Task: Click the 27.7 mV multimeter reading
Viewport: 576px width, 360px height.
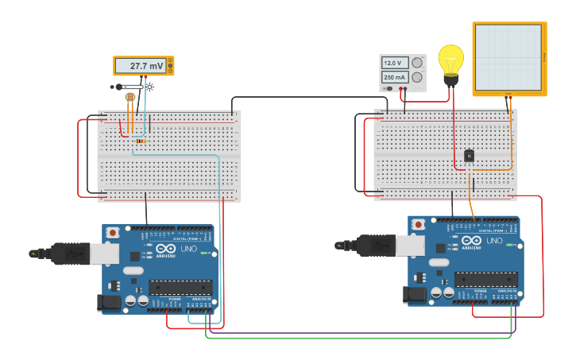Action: pyautogui.click(x=145, y=66)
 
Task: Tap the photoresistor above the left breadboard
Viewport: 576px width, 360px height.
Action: pyautogui.click(x=130, y=97)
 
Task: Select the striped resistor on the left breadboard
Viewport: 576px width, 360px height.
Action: pyautogui.click(x=141, y=141)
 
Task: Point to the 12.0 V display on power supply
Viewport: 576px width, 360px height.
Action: pyautogui.click(x=394, y=63)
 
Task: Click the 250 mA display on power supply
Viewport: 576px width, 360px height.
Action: pyautogui.click(x=394, y=77)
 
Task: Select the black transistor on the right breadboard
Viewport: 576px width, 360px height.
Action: pyautogui.click(x=469, y=157)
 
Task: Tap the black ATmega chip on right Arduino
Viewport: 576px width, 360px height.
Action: pyautogui.click(x=485, y=279)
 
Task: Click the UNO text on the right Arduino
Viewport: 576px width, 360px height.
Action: pyautogui.click(x=494, y=241)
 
